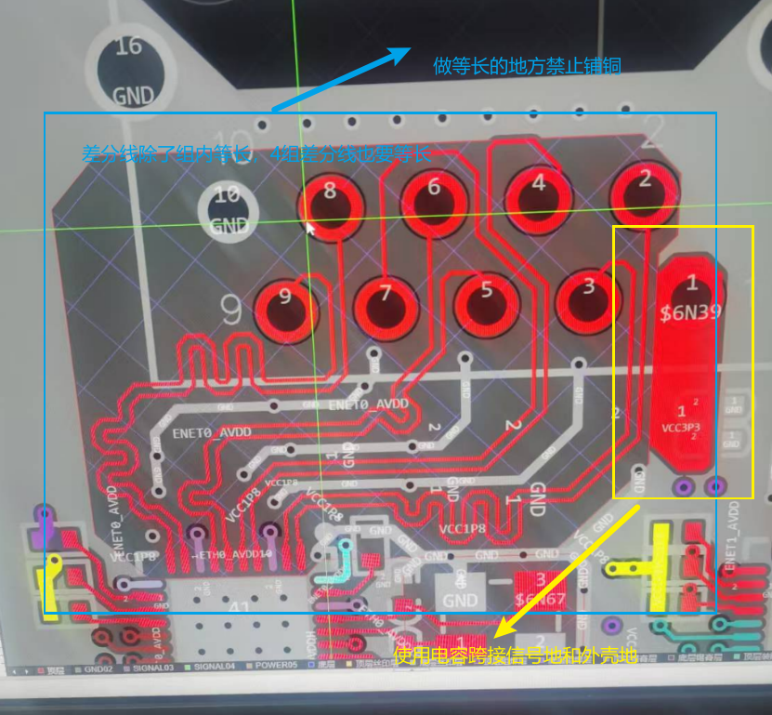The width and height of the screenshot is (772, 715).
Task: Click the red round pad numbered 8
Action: click(330, 204)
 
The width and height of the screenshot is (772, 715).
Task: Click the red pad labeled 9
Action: click(285, 307)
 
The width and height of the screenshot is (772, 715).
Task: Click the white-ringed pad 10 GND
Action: click(227, 208)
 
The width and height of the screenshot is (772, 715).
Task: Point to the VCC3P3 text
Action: click(681, 429)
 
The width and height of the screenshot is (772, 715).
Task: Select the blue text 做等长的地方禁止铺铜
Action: click(527, 66)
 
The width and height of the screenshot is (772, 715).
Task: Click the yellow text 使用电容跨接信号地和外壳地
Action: click(516, 656)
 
